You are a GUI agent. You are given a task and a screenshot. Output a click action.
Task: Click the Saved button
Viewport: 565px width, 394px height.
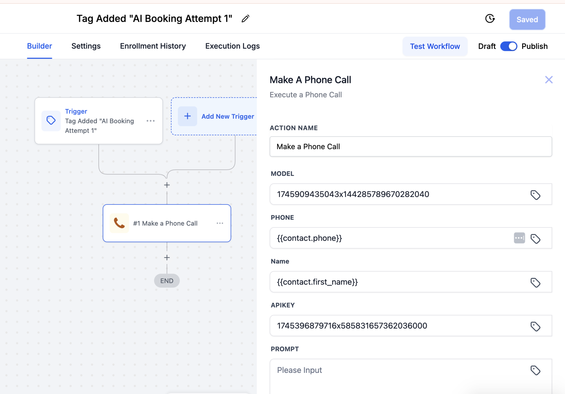[x=527, y=19]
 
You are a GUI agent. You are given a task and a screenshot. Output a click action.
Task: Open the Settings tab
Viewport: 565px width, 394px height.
[x=86, y=46]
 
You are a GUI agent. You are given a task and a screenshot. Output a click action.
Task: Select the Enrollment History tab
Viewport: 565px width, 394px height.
[x=153, y=46]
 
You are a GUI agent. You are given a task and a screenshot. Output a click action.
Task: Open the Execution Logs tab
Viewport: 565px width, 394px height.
[x=232, y=46]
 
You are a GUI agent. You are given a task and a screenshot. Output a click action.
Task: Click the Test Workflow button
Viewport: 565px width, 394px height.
[x=435, y=46]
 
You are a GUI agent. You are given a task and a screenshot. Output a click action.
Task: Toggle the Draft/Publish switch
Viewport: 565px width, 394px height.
[x=509, y=46]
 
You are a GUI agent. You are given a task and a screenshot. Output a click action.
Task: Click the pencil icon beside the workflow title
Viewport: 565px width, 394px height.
[x=245, y=19]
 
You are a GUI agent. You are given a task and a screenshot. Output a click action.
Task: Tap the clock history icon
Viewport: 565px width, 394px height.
[x=490, y=19]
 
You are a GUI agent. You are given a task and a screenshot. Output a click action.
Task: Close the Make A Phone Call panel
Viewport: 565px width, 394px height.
[x=549, y=80]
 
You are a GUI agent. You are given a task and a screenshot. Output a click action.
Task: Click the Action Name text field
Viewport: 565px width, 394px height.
[x=410, y=146]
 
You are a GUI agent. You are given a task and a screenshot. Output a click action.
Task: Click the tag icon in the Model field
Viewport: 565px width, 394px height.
[x=535, y=195]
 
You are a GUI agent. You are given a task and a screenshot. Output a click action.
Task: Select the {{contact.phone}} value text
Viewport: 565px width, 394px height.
[x=309, y=238]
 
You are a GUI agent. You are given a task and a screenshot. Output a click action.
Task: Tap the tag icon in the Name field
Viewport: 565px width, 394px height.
[x=535, y=282]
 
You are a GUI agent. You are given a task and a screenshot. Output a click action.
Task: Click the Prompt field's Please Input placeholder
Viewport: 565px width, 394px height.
[x=299, y=370]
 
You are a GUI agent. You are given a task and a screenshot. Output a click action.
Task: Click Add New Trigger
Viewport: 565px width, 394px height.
[x=228, y=116]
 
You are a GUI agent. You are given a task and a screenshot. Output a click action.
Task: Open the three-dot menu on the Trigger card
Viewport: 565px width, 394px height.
[x=151, y=121]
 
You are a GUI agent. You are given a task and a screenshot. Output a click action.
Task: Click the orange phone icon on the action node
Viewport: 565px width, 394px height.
[x=119, y=223]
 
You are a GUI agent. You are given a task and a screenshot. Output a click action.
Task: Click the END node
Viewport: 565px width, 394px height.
[x=167, y=281]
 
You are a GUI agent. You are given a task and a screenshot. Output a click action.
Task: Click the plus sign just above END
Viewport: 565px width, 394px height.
[x=167, y=257]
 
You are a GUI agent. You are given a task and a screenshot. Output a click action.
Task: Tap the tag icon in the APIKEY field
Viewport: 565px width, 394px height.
[x=535, y=326]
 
